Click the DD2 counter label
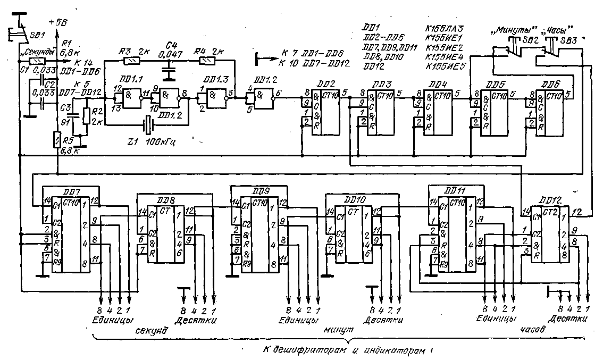(328, 83)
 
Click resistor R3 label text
(124, 51)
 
